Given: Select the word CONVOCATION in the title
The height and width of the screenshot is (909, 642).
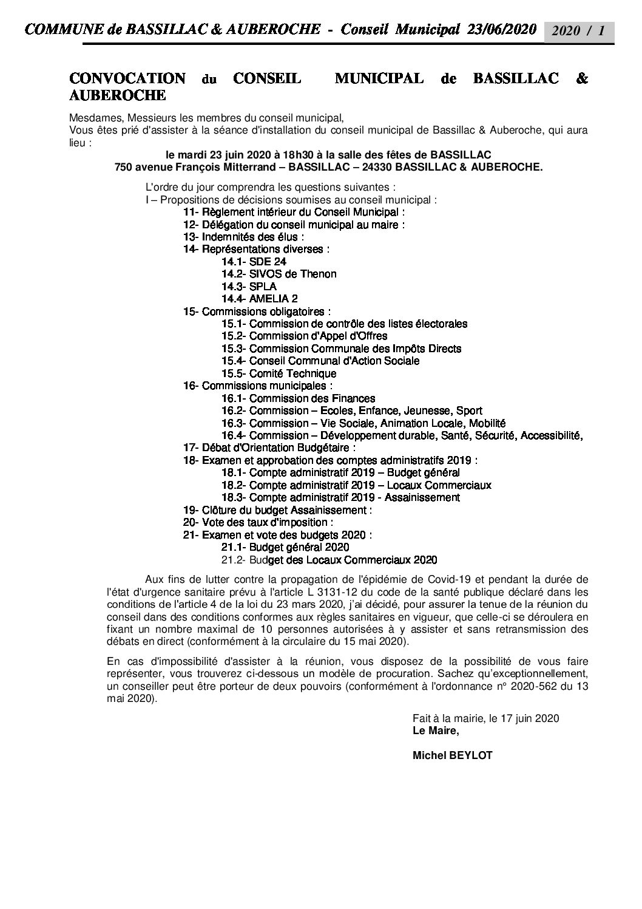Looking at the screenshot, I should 127,79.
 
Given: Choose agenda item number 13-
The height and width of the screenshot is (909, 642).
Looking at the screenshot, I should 191,237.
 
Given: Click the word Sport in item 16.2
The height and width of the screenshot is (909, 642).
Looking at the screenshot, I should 469,411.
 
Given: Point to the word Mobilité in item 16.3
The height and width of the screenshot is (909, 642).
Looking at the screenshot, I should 485,423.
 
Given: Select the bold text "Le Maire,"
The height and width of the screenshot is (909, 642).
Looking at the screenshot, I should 436,730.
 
